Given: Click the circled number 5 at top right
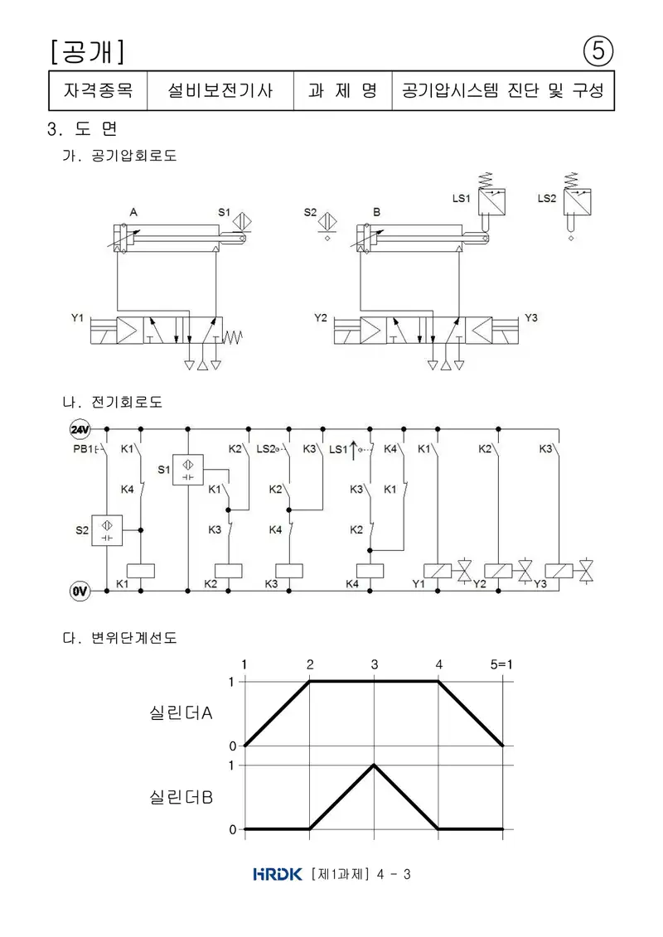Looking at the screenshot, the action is (x=598, y=51).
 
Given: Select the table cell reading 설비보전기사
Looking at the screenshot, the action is (x=220, y=90).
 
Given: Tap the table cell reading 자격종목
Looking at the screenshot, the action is (x=98, y=90).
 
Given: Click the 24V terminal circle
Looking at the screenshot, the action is (x=80, y=429).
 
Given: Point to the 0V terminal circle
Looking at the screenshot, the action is (x=80, y=591).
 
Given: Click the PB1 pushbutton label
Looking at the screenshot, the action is (x=83, y=449).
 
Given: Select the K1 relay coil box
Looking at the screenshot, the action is (x=141, y=571).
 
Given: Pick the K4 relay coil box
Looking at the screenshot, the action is (x=370, y=571).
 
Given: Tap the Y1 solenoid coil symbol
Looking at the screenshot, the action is (x=437, y=571).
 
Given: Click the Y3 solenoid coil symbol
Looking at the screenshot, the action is (x=559, y=571).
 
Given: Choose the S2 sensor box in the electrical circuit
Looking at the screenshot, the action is (x=107, y=530).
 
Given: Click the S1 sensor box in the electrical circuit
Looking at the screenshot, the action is (x=188, y=470).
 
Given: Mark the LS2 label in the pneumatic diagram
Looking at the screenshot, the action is (x=547, y=198).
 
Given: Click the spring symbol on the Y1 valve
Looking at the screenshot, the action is (x=233, y=338).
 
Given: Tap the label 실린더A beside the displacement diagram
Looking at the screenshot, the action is (x=181, y=713).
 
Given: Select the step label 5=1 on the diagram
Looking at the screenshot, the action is (x=501, y=664).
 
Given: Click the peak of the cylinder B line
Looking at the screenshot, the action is (x=375, y=765).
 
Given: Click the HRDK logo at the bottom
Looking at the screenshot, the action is (x=278, y=874).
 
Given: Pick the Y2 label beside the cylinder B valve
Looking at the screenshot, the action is (x=321, y=318).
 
